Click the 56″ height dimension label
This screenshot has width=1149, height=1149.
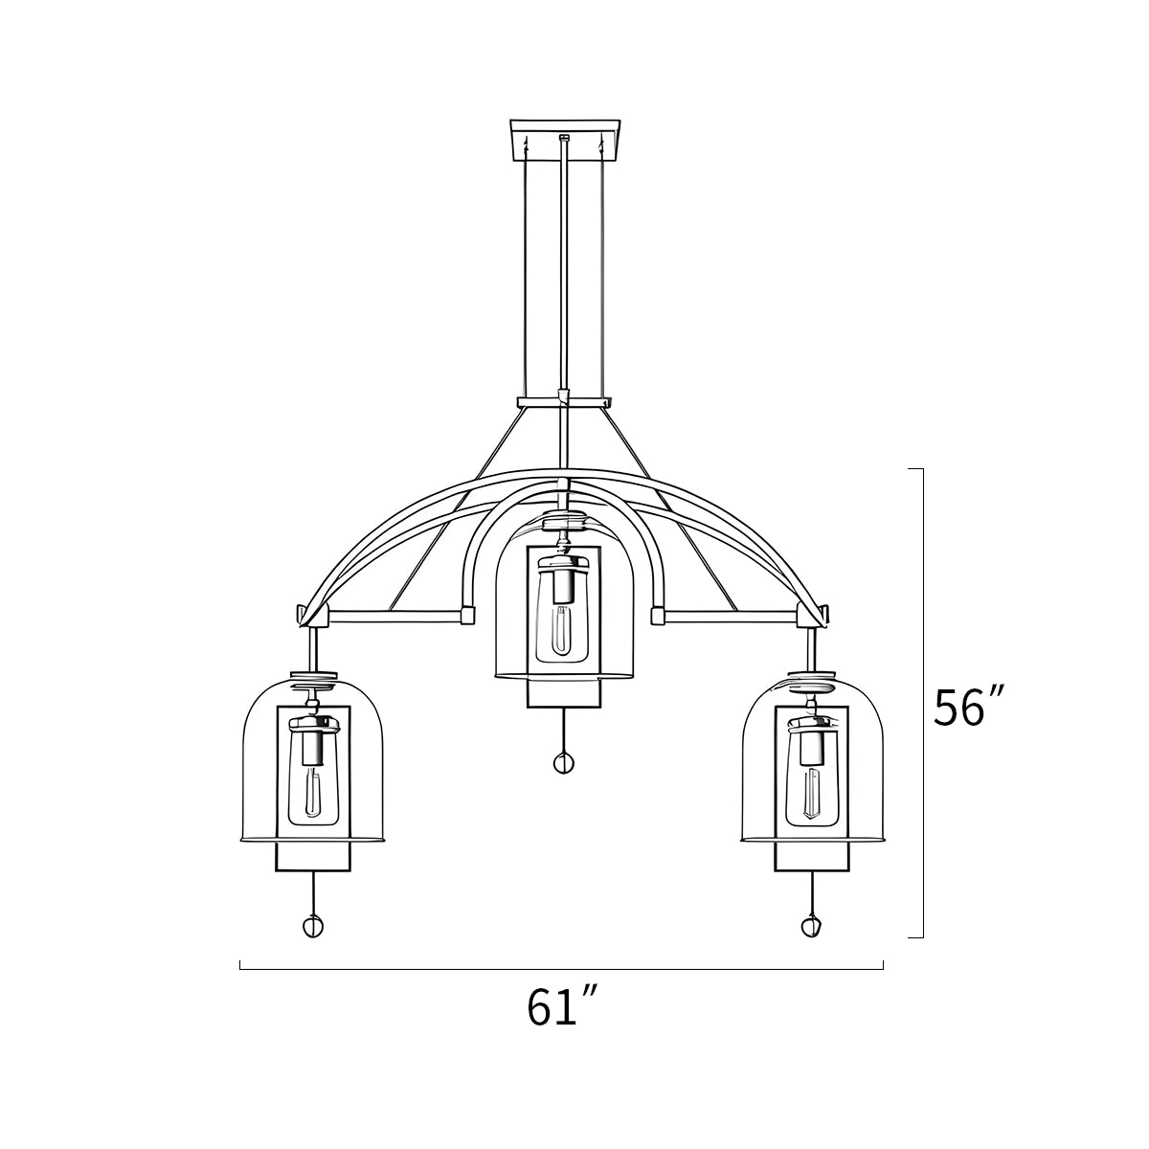[x=969, y=707]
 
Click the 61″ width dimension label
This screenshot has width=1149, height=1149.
[x=563, y=1007]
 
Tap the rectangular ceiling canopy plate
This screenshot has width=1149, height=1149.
[x=565, y=140]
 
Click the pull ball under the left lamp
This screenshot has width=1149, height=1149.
[x=313, y=926]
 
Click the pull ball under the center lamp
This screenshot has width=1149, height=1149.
[x=564, y=762]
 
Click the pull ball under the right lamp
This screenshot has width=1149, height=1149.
[x=811, y=926]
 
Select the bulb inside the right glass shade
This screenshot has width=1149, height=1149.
[x=812, y=794]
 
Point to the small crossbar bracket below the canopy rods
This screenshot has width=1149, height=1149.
[x=563, y=402]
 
